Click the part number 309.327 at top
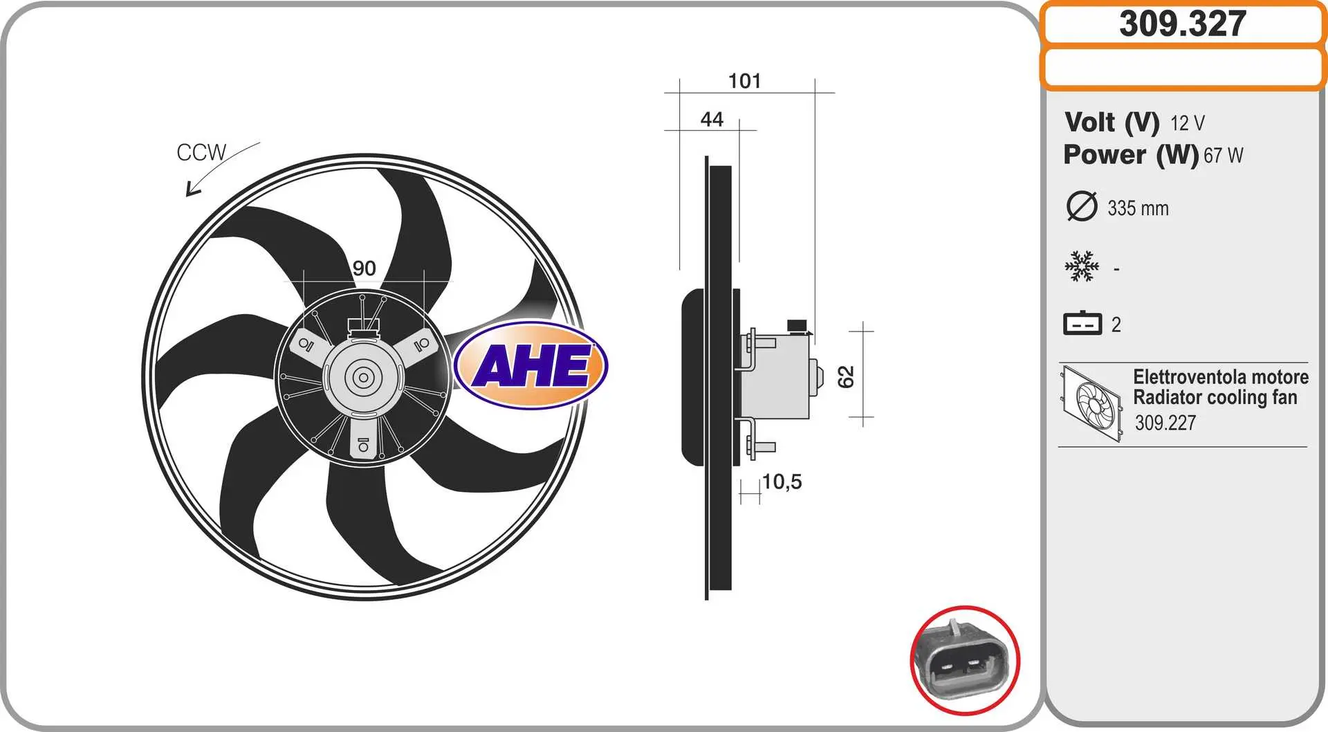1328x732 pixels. click(1183, 24)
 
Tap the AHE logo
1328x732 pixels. click(531, 365)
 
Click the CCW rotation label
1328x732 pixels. click(201, 152)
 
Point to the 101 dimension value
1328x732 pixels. click(744, 81)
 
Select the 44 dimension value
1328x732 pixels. click(712, 119)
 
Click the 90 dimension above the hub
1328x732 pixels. click(365, 268)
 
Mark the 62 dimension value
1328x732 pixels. click(846, 376)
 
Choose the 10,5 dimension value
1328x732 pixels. click(782, 482)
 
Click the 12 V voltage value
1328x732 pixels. click(1188, 123)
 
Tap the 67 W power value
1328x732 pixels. click(1223, 156)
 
